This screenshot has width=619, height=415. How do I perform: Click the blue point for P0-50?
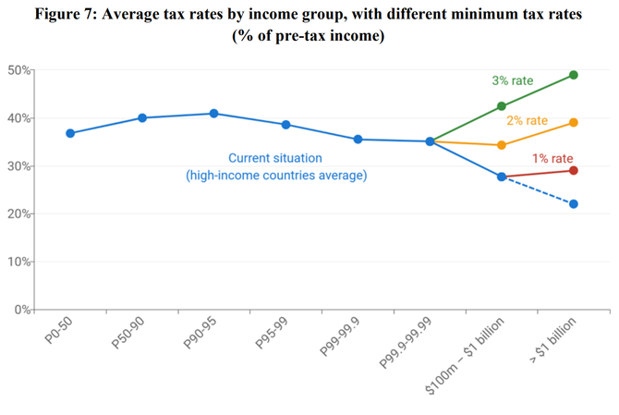(70, 133)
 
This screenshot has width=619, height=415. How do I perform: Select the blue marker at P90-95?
(213, 114)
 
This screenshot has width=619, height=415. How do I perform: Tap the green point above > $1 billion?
(574, 75)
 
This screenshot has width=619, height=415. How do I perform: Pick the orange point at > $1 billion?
(574, 122)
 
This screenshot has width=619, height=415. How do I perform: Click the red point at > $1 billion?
(574, 170)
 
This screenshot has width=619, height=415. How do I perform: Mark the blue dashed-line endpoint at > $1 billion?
(574, 203)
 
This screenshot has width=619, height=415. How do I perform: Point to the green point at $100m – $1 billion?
(502, 106)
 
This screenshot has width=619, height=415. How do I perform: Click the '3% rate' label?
(513, 81)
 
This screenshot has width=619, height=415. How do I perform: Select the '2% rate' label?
(527, 121)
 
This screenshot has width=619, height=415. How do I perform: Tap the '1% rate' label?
(552, 158)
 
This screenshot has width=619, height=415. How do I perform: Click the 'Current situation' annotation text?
(276, 158)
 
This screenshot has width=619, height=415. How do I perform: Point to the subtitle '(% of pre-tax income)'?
(309, 37)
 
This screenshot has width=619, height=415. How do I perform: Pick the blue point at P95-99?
(285, 125)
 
